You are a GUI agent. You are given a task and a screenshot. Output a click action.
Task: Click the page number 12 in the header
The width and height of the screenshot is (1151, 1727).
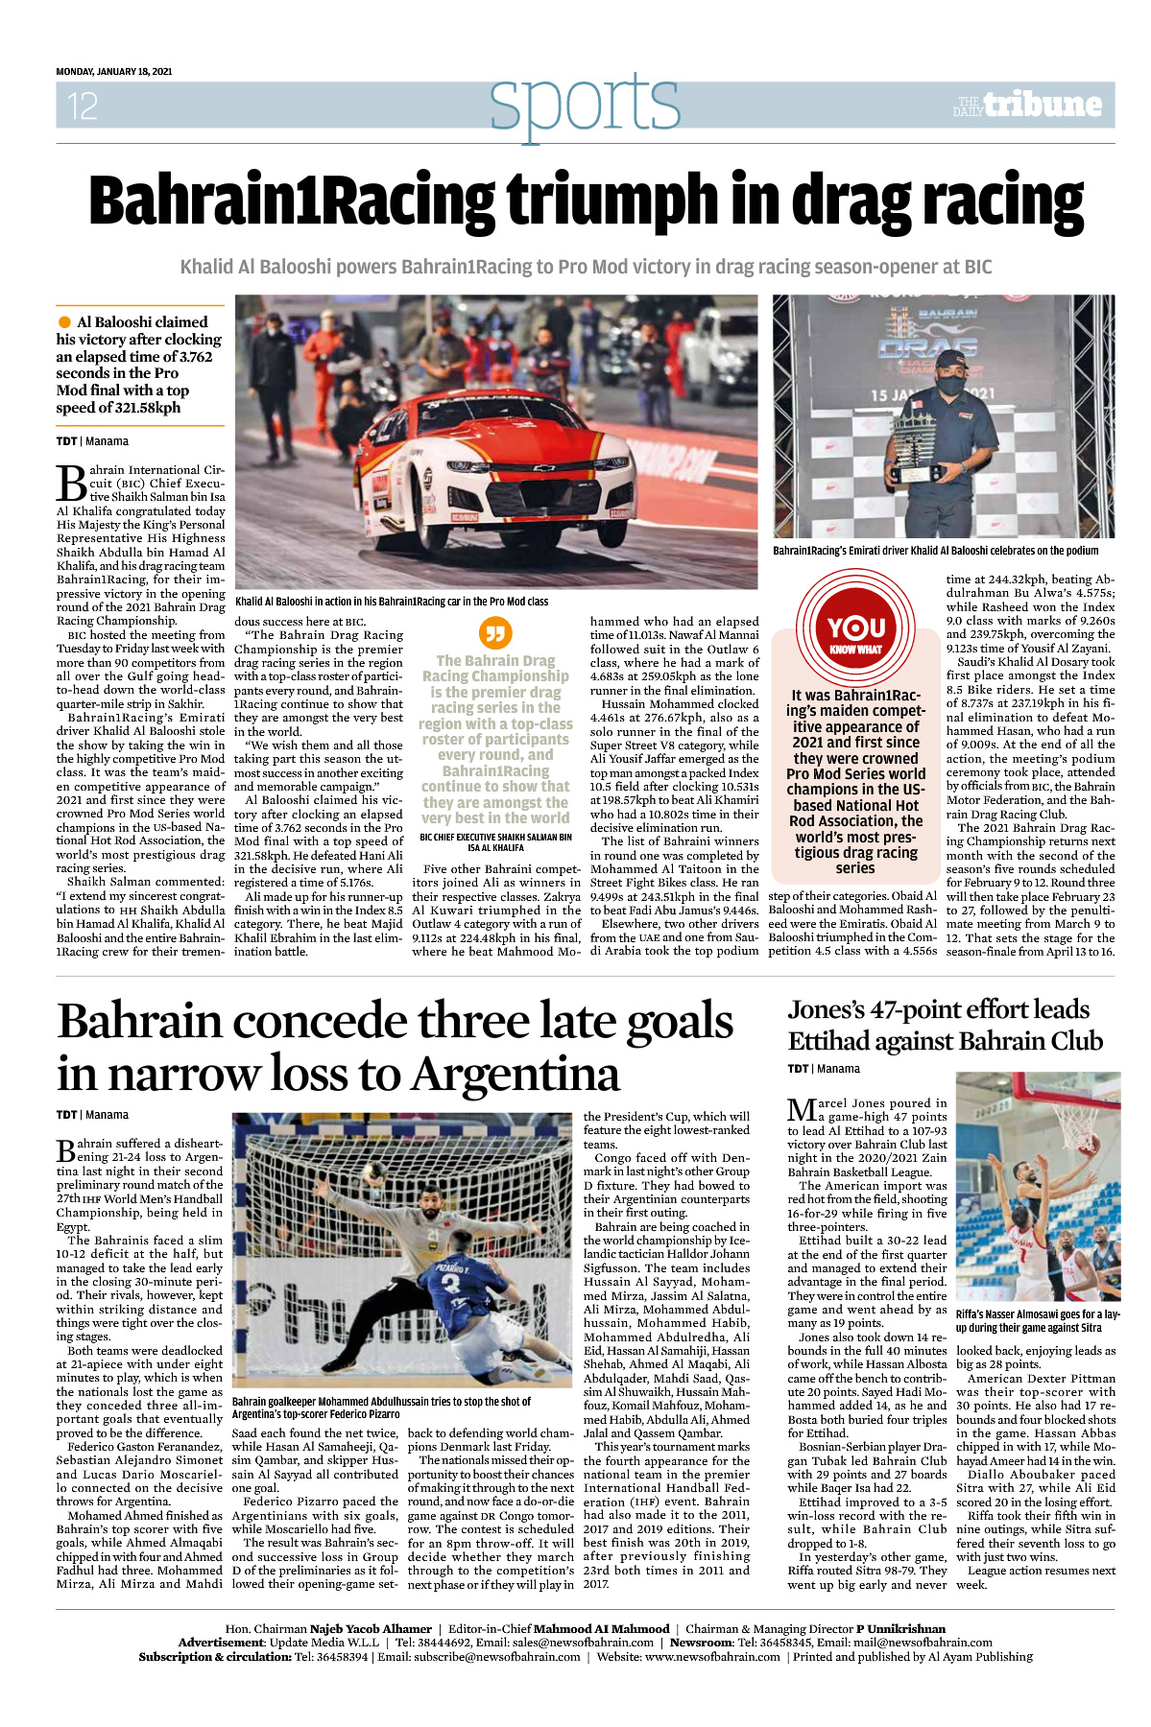[x=82, y=106]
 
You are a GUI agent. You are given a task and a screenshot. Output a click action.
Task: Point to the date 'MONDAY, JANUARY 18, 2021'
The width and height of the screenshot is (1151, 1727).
[x=113, y=72]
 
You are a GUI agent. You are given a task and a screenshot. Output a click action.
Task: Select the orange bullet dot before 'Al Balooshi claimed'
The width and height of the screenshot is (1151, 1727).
[x=64, y=322]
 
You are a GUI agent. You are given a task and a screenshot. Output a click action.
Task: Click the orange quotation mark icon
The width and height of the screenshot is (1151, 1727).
[x=495, y=633]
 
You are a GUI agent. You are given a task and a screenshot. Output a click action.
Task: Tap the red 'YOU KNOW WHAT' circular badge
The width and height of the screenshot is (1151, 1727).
[x=855, y=629]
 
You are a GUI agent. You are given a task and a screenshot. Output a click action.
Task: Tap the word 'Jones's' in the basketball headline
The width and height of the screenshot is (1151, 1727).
[x=827, y=1010]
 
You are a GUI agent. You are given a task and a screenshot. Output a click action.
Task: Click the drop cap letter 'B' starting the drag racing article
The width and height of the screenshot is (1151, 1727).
[x=72, y=484]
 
